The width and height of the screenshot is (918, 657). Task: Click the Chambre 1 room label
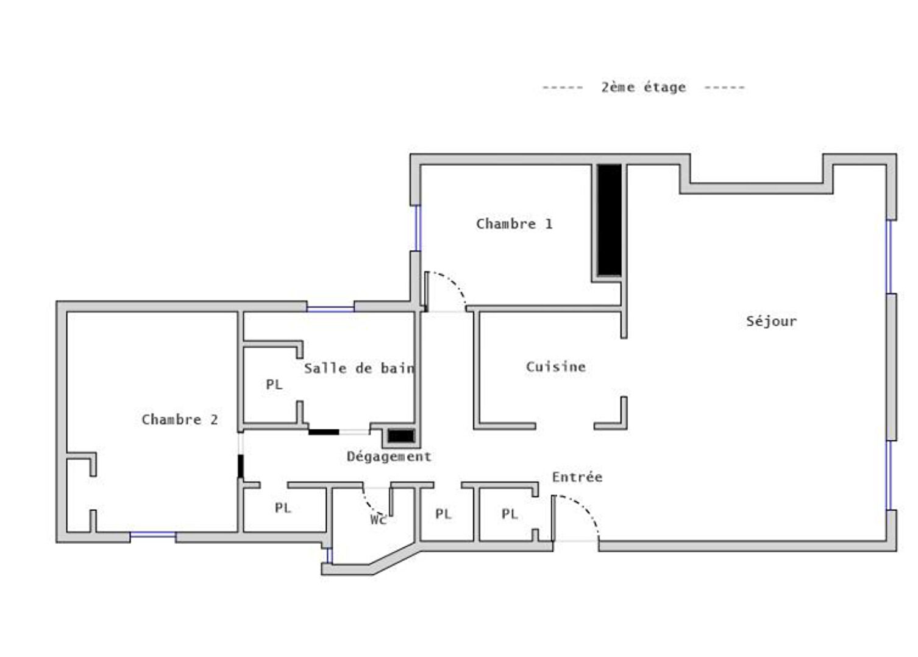pyautogui.click(x=514, y=224)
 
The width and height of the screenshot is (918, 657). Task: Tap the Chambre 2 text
pyautogui.click(x=179, y=420)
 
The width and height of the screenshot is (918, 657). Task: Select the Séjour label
pyautogui.click(x=772, y=321)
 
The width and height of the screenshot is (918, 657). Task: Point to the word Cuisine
pyautogui.click(x=556, y=367)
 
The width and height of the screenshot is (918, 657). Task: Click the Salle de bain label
pyautogui.click(x=360, y=368)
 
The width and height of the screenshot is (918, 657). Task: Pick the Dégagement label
pyautogui.click(x=389, y=457)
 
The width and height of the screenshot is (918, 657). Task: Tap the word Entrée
pyautogui.click(x=577, y=477)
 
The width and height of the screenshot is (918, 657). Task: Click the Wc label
pyautogui.click(x=378, y=520)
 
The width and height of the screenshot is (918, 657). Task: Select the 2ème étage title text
pyautogui.click(x=644, y=87)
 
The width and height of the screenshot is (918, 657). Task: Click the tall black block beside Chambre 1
pyautogui.click(x=609, y=220)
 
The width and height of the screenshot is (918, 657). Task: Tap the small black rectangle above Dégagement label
pyautogui.click(x=401, y=436)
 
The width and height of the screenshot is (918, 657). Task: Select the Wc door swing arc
pyautogui.click(x=371, y=502)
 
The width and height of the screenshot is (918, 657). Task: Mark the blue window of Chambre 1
pyautogui.click(x=418, y=228)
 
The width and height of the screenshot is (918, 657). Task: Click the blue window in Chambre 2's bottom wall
pyautogui.click(x=153, y=535)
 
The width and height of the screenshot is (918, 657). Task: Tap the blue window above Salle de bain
pyautogui.click(x=330, y=309)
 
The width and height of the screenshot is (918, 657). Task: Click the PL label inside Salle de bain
pyautogui.click(x=274, y=384)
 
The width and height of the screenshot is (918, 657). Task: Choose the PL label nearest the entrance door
pyautogui.click(x=510, y=513)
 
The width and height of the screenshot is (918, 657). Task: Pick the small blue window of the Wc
pyautogui.click(x=329, y=556)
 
